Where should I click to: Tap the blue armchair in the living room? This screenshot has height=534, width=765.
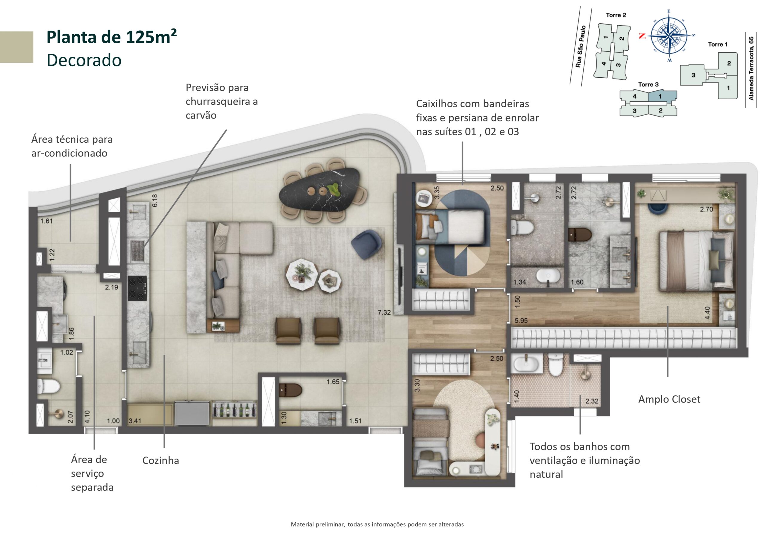366,244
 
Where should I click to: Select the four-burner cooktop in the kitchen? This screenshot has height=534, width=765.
137,288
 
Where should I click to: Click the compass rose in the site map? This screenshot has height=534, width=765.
669,36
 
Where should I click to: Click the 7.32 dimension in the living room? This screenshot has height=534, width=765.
384,312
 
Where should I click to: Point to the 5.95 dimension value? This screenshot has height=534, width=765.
521,320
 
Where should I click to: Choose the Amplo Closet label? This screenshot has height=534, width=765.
669,399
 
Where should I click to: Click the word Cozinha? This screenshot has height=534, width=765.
160,461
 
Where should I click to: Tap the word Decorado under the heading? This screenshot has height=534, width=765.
84,60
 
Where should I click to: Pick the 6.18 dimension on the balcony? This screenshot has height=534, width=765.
155,200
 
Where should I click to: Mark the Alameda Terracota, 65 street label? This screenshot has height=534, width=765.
751,68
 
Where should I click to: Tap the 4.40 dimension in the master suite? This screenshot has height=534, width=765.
707,313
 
